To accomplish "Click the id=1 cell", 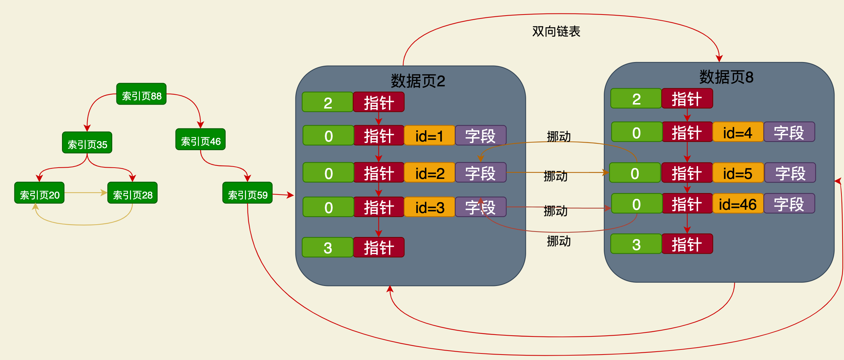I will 429,136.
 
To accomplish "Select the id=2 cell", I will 429,173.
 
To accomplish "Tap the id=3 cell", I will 429,207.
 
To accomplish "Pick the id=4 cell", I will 738,132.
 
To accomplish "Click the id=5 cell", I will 738,173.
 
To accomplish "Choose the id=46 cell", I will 738,204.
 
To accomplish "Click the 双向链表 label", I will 556,31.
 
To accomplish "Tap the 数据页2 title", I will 418,81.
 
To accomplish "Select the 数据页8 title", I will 726,77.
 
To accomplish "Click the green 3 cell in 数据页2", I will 327,247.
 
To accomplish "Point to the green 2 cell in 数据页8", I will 636,99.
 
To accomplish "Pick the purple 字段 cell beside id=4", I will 789,132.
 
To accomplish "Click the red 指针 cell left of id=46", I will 687,204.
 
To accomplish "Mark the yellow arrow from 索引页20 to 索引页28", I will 85,193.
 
